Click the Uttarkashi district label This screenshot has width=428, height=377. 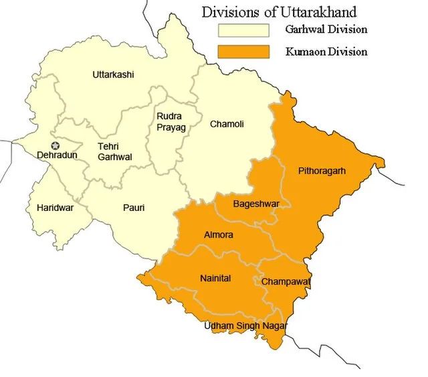pos(113,75)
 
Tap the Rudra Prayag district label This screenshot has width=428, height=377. pos(171,121)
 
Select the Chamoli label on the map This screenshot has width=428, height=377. pos(227,124)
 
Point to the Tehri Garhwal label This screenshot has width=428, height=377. pos(115,151)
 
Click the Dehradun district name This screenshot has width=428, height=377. pos(57,155)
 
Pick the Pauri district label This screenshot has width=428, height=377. pos(134,208)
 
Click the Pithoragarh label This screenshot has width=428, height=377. pos(322,171)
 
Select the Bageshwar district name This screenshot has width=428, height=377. pos(256,203)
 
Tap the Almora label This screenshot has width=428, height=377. pos(219,235)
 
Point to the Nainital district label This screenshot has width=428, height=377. pos(215,278)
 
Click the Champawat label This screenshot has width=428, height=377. pos(286,282)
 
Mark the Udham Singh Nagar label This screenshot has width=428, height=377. pos(246,325)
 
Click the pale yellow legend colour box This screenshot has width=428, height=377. pos(243,30)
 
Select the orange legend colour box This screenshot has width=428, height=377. pos(243,51)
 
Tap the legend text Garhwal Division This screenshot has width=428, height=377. pos(326,30)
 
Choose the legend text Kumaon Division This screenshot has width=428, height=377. pos(326,51)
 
